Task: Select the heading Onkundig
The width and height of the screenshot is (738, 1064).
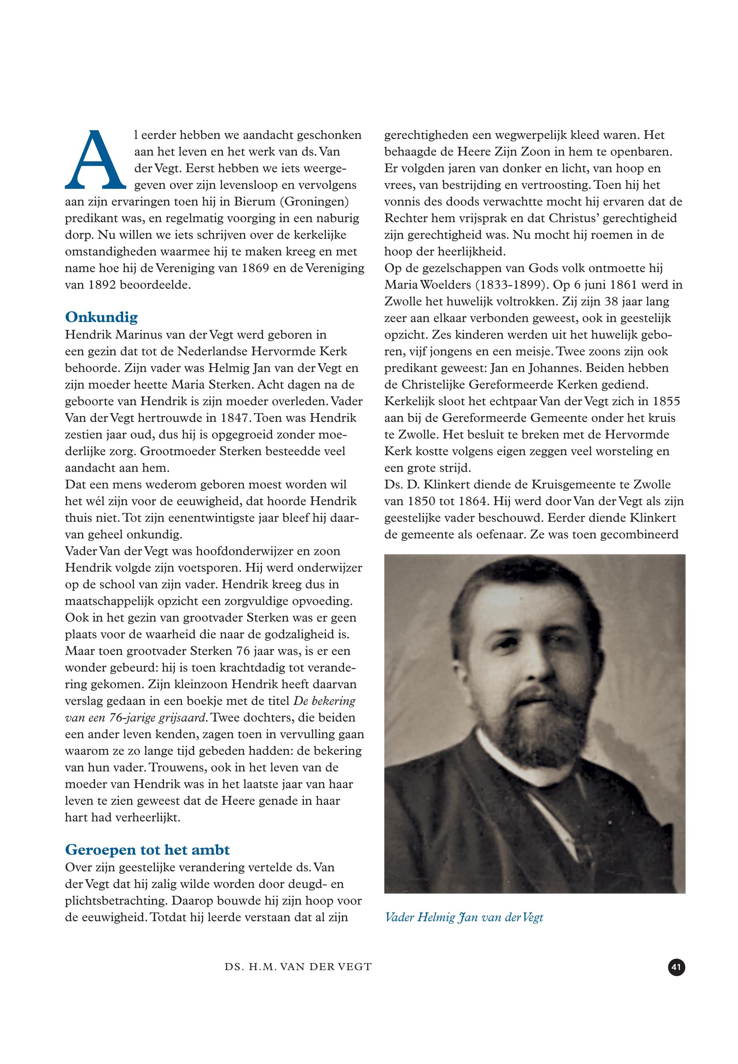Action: coord(101,317)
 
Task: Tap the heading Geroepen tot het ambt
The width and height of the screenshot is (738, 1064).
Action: coord(147,850)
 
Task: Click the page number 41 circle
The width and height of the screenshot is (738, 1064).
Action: coord(676,967)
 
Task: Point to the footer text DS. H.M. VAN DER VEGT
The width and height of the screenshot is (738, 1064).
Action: coord(298,967)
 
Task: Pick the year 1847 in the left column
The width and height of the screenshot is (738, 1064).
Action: coord(232,418)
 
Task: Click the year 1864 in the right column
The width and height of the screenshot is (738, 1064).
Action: coord(476,501)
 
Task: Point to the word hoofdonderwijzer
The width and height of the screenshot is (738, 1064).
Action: coord(251,551)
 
